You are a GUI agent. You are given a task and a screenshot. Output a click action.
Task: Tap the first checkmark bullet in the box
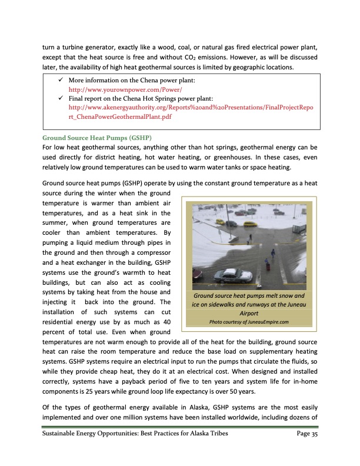click(54, 79)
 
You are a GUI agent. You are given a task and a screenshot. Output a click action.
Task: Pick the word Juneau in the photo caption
click(293, 304)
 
